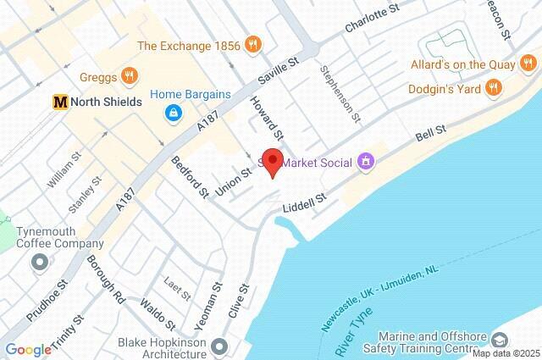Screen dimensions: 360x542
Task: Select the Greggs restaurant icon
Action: coord(129,75)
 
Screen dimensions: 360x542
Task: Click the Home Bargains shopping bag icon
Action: coord(172,112)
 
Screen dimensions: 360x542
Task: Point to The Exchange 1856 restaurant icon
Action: coord(252,44)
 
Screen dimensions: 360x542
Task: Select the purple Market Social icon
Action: coord(366,160)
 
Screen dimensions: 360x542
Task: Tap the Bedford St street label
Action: coord(190,176)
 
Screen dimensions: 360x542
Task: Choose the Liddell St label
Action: coord(304,202)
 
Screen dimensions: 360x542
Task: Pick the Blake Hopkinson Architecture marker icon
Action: coord(220,346)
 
